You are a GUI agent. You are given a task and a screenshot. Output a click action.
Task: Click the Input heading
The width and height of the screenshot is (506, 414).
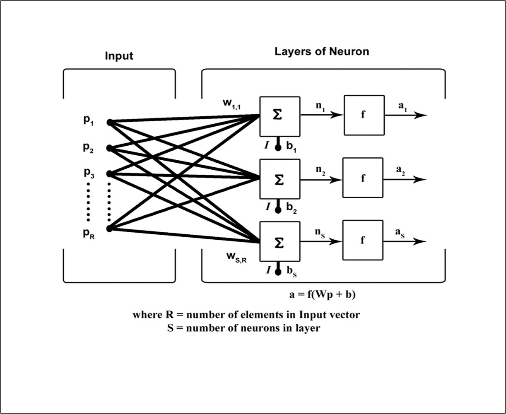(119, 56)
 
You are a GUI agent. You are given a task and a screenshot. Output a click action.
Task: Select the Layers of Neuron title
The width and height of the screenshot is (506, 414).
(322, 52)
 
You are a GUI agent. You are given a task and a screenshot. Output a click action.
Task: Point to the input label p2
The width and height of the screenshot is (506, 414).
(88, 147)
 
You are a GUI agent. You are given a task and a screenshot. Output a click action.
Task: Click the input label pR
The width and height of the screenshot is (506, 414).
(88, 234)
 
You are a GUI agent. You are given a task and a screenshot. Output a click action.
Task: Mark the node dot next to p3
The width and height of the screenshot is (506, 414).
(109, 173)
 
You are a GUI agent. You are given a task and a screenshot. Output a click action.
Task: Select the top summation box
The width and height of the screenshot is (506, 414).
(280, 116)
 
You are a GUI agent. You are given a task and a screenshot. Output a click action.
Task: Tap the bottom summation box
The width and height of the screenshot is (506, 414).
(280, 242)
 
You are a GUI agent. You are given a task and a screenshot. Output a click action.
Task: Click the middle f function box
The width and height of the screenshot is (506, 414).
(363, 178)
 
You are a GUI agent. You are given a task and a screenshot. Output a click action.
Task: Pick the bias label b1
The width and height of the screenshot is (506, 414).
(292, 147)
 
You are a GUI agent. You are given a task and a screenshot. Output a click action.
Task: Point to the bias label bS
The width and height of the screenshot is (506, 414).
(292, 272)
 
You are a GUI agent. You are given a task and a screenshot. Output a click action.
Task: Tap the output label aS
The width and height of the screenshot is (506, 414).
(400, 233)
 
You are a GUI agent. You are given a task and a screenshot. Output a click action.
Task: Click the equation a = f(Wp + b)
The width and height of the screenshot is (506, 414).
(323, 295)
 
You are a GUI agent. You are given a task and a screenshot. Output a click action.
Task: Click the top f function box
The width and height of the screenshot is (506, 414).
(364, 115)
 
